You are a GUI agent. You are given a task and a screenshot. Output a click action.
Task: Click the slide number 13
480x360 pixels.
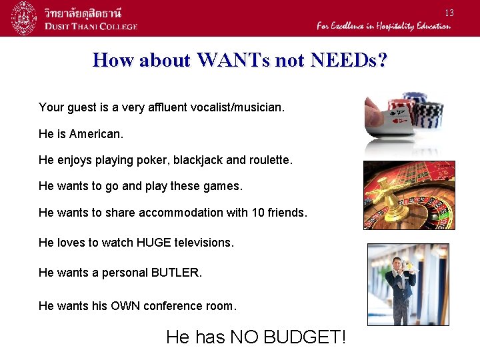pos(449,13)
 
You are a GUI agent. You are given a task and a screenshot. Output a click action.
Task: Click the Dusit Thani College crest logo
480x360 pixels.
pos(24,18)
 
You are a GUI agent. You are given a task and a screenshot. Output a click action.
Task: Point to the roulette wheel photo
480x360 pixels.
pos(409,195)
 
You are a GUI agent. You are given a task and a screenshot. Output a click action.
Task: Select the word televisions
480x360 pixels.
pos(199,243)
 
